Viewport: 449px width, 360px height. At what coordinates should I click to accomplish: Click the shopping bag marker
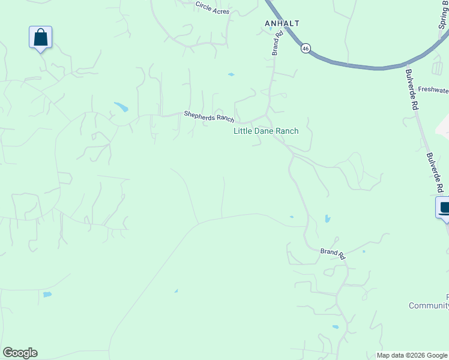coord(40,37)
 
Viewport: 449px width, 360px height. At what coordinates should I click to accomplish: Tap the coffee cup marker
coord(444,208)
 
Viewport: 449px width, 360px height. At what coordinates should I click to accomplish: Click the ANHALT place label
coord(282,23)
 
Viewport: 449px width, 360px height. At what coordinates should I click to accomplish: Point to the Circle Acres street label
coord(212,8)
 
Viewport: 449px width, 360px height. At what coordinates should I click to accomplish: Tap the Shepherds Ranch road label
coord(209,116)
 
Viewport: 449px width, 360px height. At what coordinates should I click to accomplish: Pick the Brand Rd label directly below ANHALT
coord(277,44)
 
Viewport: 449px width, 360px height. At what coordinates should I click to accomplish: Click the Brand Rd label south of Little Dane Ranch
coord(333,254)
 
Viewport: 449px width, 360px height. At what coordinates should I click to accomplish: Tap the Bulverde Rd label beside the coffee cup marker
coord(435,172)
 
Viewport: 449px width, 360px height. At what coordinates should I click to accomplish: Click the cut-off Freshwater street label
coord(433,91)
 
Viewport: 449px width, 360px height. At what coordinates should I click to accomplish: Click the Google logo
coord(20,353)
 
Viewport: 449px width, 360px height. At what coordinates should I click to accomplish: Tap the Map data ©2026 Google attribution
coord(412,355)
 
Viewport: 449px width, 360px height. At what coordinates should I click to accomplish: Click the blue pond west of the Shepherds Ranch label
coord(121,107)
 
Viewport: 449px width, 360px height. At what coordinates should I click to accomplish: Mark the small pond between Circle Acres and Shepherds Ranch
coord(231,74)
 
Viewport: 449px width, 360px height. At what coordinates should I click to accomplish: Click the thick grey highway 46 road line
coord(360,66)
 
